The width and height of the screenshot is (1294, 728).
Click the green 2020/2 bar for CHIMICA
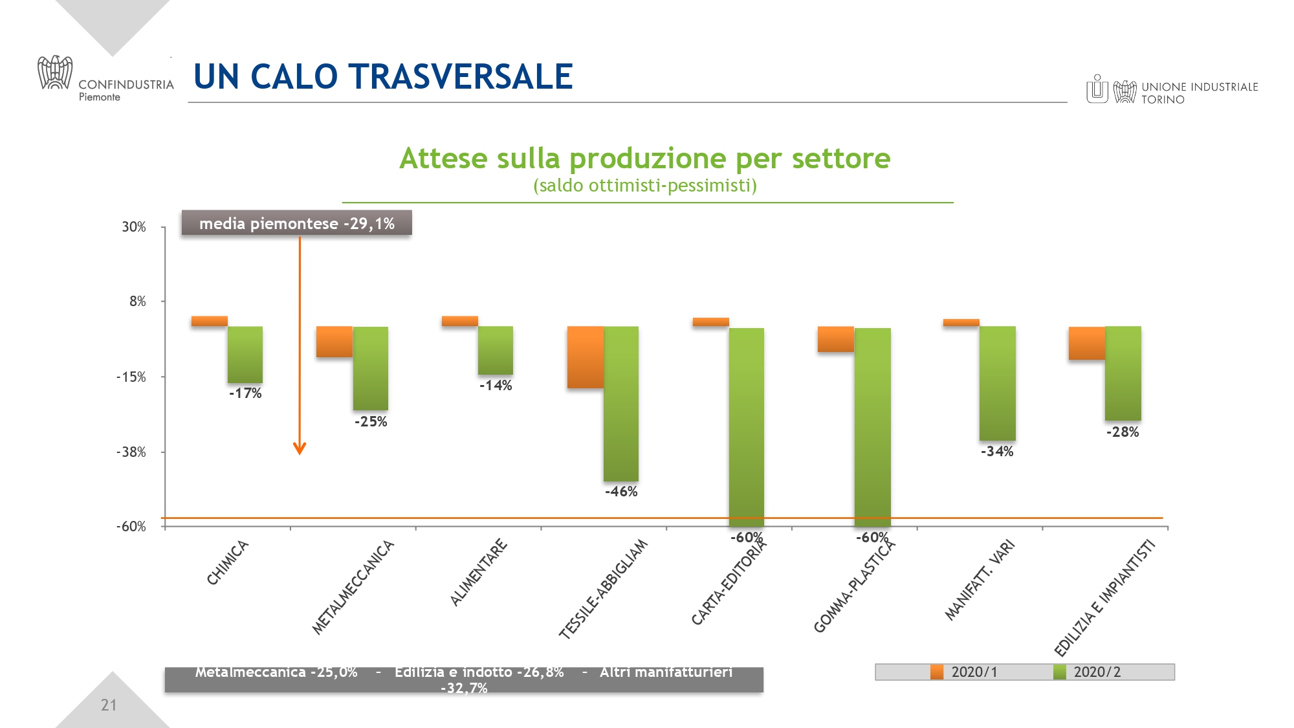pyautogui.click(x=245, y=354)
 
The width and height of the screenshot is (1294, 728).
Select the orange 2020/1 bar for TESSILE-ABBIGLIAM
pyautogui.click(x=585, y=357)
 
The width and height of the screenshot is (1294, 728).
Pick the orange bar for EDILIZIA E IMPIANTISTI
pyautogui.click(x=1086, y=343)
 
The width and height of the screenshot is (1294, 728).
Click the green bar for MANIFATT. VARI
pyautogui.click(x=997, y=383)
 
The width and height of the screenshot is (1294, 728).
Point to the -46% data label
pyautogui.click(x=621, y=492)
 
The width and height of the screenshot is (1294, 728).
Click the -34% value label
pyautogui.click(x=997, y=452)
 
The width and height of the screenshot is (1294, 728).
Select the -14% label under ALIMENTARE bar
pyautogui.click(x=496, y=386)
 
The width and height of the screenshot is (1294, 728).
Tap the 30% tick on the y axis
pyautogui.click(x=134, y=227)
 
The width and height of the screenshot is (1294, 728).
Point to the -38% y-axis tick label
pyautogui.click(x=131, y=452)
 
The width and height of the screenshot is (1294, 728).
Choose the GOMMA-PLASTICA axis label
pyautogui.click(x=854, y=586)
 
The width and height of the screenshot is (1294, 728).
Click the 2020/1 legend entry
pyautogui.click(x=965, y=672)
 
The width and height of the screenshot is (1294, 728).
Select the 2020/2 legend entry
pyautogui.click(x=1088, y=672)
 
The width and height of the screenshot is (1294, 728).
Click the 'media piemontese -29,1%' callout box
pyautogui.click(x=296, y=223)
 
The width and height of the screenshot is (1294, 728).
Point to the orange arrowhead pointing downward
pyautogui.click(x=299, y=448)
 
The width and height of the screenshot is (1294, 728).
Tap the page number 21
pyautogui.click(x=109, y=705)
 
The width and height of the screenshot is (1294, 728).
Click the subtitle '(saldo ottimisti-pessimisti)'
pyautogui.click(x=645, y=186)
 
